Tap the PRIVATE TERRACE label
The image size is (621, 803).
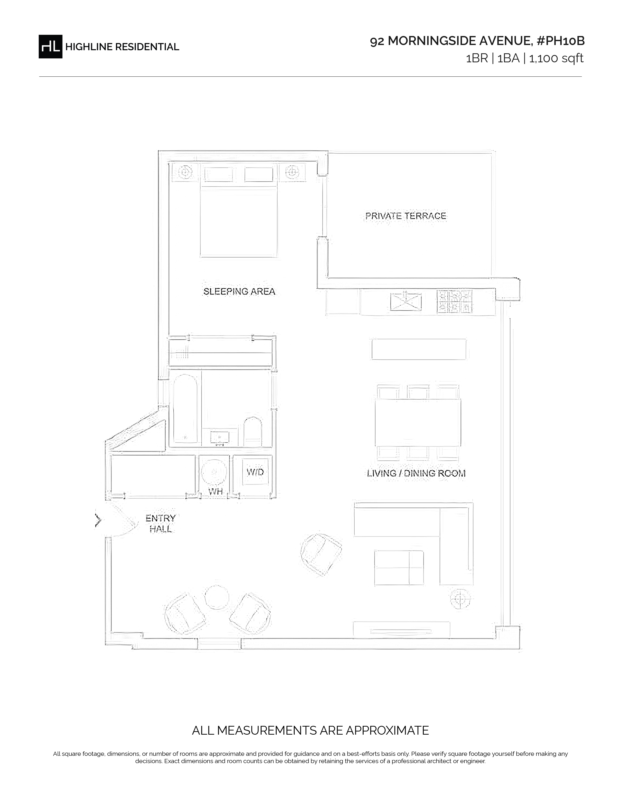[406, 216]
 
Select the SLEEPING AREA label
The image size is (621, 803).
[239, 292]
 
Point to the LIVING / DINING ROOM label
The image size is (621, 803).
[416, 473]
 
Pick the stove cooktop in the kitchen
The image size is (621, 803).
[454, 301]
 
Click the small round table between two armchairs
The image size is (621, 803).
[217, 597]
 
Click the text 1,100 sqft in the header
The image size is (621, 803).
[556, 58]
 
